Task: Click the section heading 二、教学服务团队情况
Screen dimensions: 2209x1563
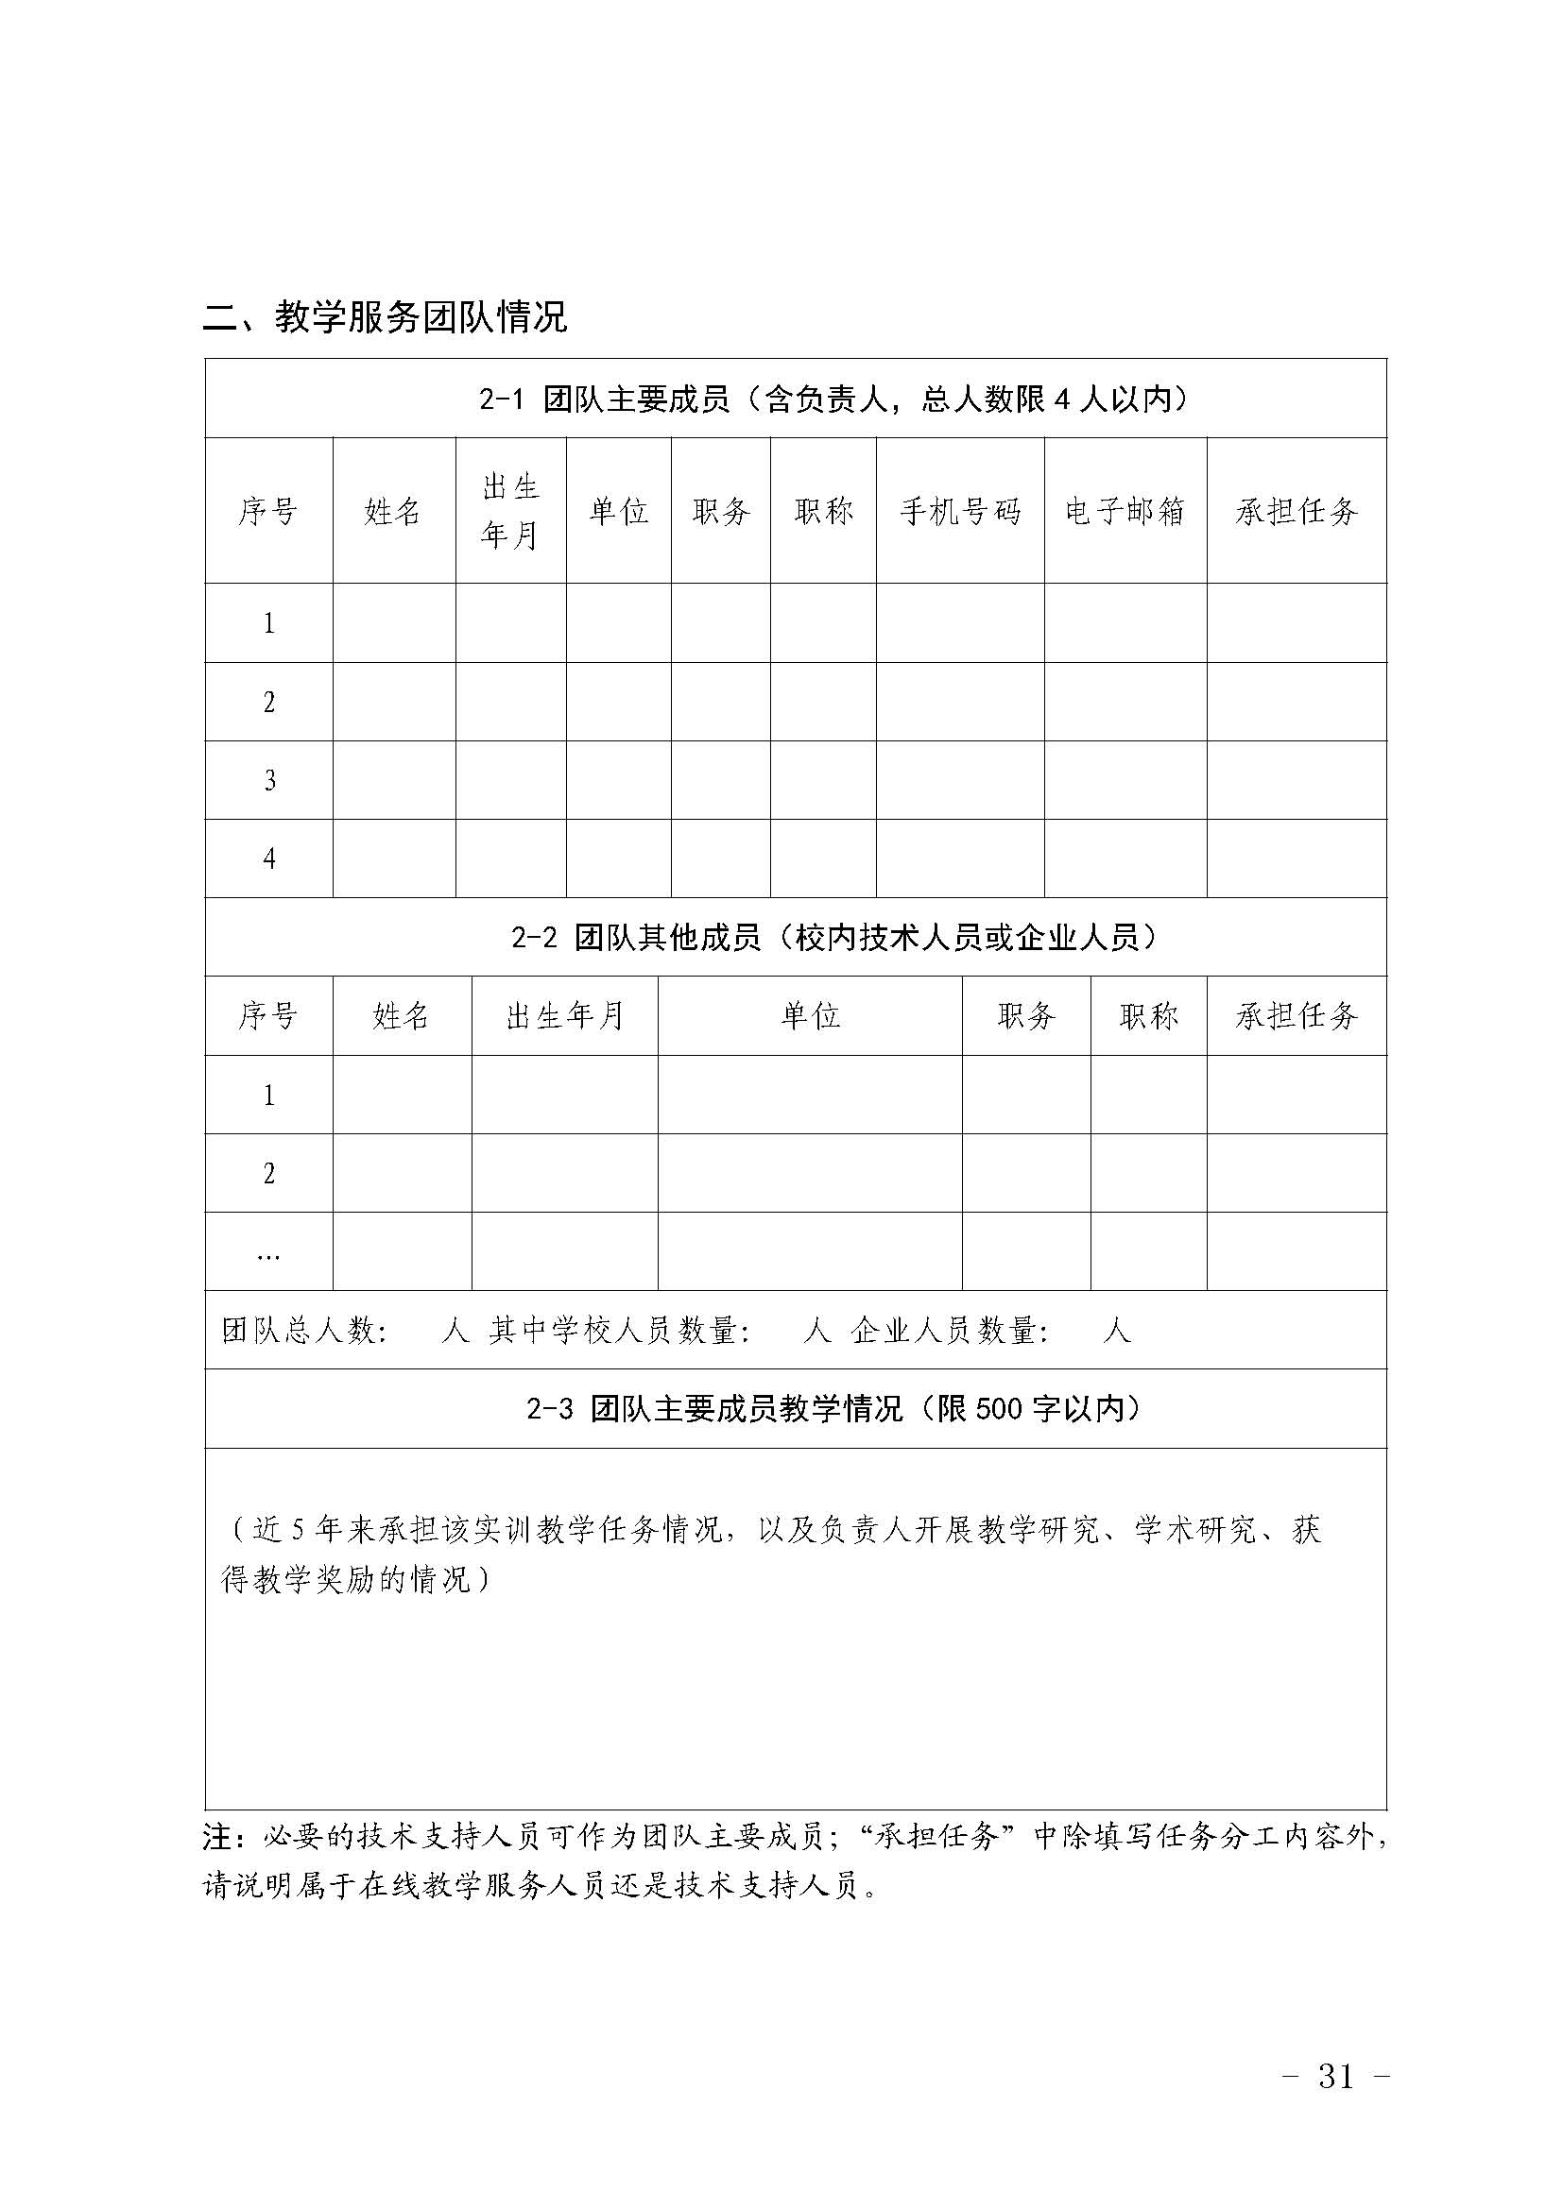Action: coord(385,316)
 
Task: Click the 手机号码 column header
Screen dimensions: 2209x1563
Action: coord(959,511)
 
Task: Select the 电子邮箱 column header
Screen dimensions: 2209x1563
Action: coord(1125,511)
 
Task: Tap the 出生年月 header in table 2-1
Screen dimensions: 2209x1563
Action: coord(510,511)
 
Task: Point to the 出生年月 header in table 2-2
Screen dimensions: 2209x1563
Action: coord(564,1016)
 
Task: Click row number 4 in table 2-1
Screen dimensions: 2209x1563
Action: coord(268,858)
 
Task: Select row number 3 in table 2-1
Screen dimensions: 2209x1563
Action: coord(268,779)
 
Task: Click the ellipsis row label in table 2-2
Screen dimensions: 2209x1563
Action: coord(268,1253)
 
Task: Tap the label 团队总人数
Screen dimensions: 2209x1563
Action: coord(303,1331)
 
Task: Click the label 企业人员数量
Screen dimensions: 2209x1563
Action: coord(949,1331)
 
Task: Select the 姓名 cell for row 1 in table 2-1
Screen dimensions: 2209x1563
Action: coord(394,622)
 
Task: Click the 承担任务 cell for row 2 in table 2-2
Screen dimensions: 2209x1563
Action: coord(1297,1173)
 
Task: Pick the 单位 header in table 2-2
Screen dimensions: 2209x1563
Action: coord(810,1016)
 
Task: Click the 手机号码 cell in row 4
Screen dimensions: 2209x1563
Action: coord(959,858)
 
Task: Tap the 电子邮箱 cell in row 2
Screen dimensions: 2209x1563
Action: coord(1125,702)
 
